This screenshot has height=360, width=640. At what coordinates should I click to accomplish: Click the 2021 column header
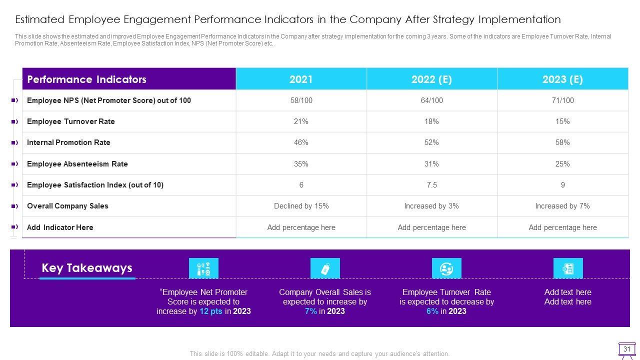coord(301,79)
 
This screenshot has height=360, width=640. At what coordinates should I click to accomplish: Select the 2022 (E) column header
coord(431,79)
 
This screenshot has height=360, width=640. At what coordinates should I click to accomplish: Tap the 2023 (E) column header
coord(562,79)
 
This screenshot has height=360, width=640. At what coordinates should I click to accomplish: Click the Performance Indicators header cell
coord(86,79)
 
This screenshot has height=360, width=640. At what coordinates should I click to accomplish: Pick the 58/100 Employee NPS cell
coord(301,100)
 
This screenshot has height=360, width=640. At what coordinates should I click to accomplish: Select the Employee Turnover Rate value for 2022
coord(431,121)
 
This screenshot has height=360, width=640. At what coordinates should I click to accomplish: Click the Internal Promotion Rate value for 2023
coord(562,142)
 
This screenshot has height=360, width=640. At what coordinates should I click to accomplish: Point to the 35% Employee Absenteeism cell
coord(301,164)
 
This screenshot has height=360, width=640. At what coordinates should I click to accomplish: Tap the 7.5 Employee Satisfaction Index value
coord(431,185)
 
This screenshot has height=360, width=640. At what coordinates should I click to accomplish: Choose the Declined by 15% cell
coord(301,206)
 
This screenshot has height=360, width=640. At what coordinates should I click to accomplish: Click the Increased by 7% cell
coord(562,206)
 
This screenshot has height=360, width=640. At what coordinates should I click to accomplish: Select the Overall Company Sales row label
coord(67,206)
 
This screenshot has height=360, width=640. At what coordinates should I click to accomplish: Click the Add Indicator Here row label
coord(60,227)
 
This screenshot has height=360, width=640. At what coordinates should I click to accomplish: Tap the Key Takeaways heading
coord(87,268)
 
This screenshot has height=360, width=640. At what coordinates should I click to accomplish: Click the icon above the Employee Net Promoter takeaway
coord(203,268)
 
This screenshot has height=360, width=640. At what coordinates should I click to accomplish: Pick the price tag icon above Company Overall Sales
coord(325,268)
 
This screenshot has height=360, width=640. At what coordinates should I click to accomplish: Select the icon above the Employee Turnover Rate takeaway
coord(446,268)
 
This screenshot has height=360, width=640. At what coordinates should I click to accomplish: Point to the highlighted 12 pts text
coord(211,311)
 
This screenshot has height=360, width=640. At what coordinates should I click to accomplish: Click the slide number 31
coord(627,349)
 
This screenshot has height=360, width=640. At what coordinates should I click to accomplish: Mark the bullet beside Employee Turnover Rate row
coord(15,121)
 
